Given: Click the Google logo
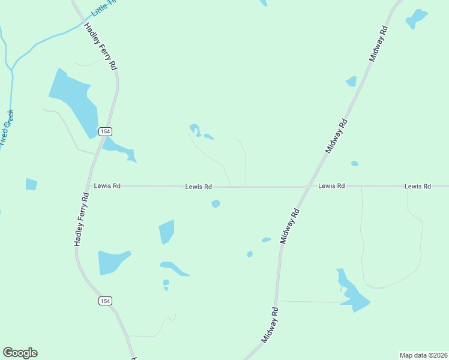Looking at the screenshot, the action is click(20, 353).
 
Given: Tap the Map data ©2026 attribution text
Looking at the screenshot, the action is click(423, 355).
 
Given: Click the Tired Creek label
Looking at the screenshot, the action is click(7, 128).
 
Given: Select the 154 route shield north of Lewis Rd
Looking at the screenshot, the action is click(106, 131).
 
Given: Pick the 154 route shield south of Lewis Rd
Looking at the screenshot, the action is click(106, 301).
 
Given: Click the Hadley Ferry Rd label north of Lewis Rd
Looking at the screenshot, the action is click(100, 46).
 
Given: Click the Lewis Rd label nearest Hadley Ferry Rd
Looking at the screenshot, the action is click(107, 186).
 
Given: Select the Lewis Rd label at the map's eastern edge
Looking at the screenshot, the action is click(417, 186).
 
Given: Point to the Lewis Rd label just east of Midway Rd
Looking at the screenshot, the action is click(331, 186).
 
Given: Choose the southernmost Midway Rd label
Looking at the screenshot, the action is click(271, 325).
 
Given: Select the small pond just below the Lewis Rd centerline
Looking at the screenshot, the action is click(215, 204).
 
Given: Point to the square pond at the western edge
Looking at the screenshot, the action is click(31, 184).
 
